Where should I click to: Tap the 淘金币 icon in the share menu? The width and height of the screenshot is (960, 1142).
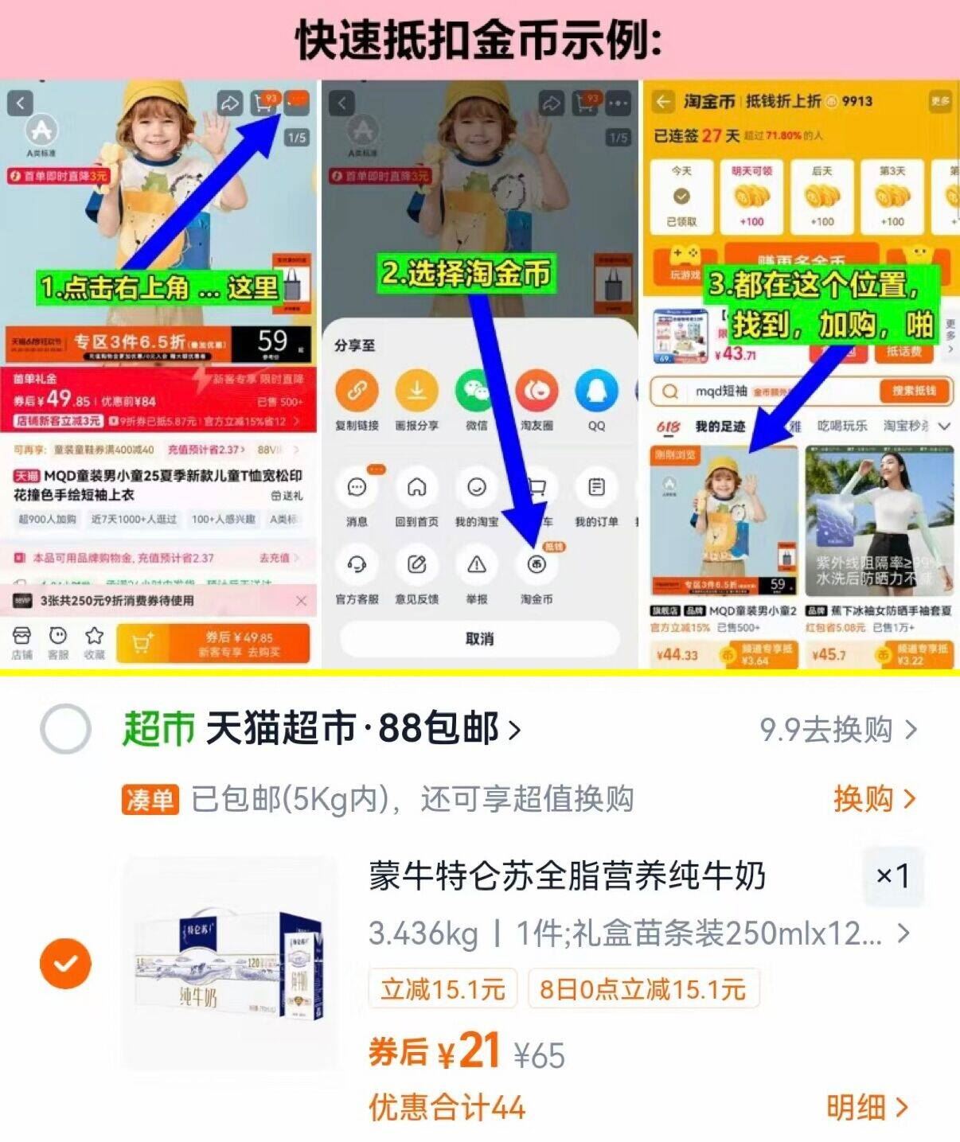(x=537, y=566)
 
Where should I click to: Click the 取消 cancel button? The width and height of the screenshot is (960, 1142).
(x=479, y=639)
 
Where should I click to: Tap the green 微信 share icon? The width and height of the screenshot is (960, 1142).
(x=476, y=391)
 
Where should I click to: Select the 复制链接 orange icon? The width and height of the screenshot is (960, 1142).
(x=357, y=391)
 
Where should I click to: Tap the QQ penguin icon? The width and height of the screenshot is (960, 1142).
(x=596, y=391)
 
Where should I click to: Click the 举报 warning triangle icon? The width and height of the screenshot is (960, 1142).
(x=476, y=566)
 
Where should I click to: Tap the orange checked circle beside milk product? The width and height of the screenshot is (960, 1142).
(x=65, y=963)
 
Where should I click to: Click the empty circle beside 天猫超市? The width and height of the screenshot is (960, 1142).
(x=65, y=728)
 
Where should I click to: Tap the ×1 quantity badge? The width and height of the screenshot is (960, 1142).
(x=892, y=875)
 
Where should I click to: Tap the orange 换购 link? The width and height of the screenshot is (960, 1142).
(x=873, y=798)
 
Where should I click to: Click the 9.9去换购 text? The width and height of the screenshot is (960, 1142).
(x=836, y=729)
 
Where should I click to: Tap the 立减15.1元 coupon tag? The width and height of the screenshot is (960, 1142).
(x=443, y=989)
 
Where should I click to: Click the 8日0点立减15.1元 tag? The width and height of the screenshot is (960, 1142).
(x=642, y=989)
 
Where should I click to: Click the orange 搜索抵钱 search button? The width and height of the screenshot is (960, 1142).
(x=914, y=391)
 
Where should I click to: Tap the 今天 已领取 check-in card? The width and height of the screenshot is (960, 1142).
(x=681, y=197)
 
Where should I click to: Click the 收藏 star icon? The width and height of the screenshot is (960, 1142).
(x=95, y=641)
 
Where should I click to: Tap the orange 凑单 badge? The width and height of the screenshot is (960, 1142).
(x=150, y=799)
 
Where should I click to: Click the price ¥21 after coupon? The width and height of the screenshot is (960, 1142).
(x=469, y=1052)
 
